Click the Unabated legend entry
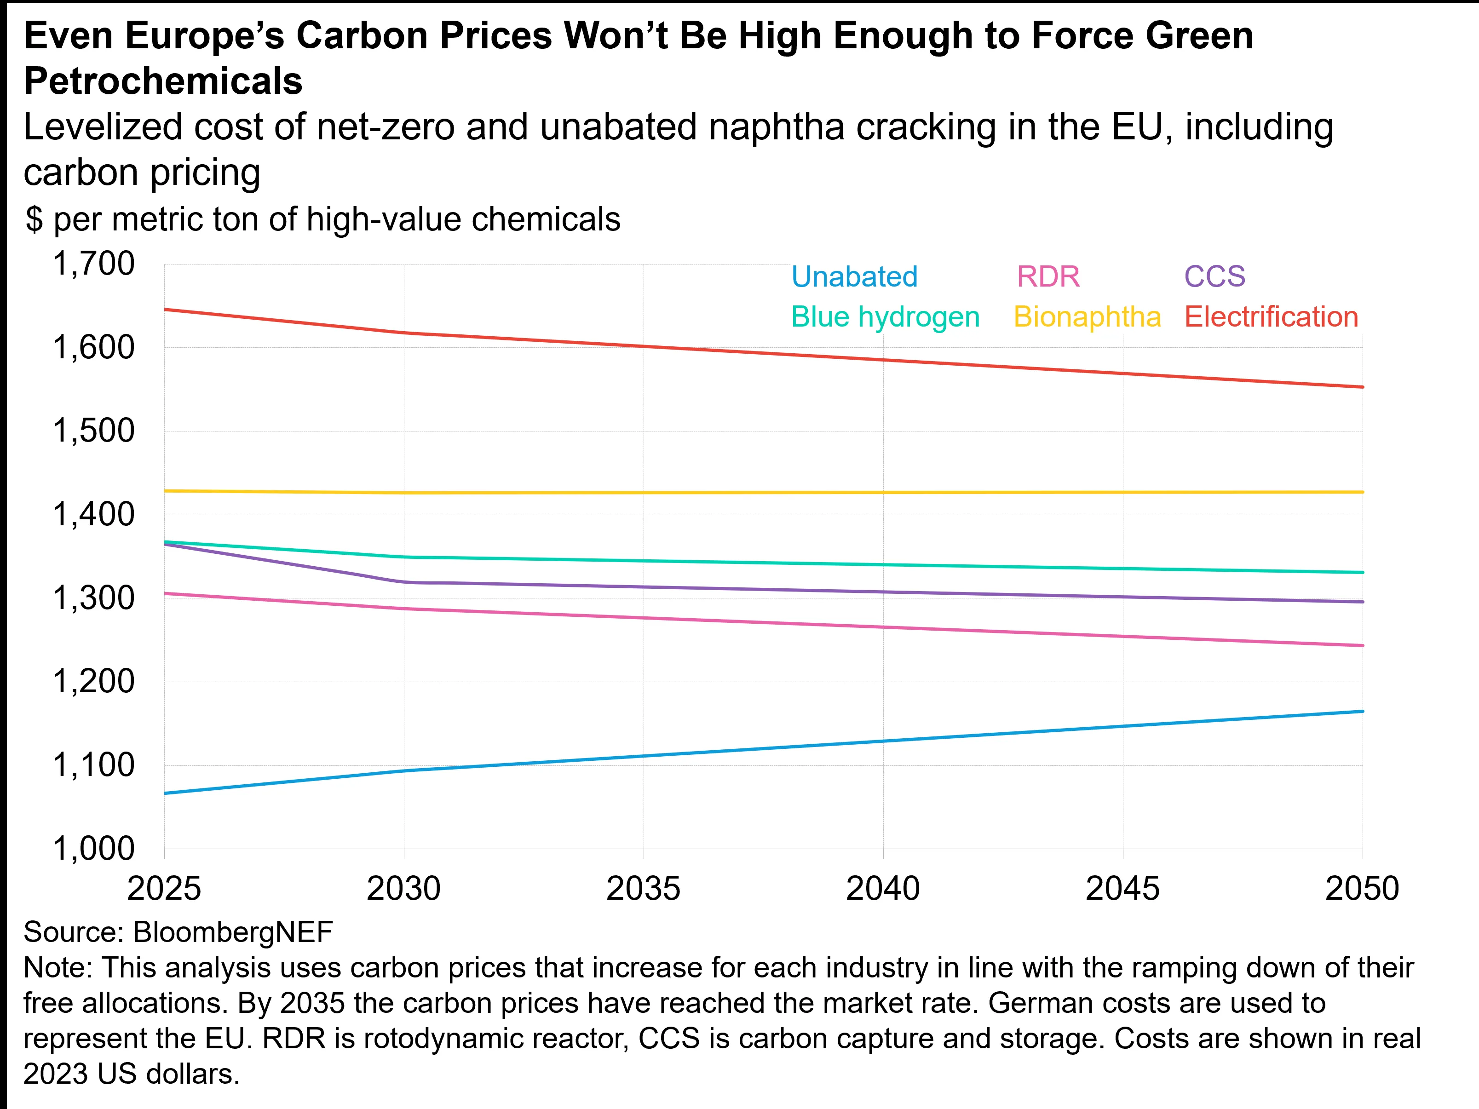(854, 277)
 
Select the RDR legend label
(1048, 277)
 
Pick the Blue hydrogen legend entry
(885, 317)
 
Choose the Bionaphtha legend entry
(1087, 317)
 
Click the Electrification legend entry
(1271, 317)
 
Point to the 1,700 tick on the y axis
(93, 264)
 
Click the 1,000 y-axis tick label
(93, 849)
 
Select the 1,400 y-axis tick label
(93, 515)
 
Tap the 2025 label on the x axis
(164, 889)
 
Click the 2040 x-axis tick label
(883, 889)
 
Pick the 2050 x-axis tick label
(1362, 889)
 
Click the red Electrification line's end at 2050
(1362, 387)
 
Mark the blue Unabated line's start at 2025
(165, 793)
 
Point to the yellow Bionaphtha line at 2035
(643, 493)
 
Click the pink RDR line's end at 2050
(1362, 646)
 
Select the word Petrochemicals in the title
(163, 81)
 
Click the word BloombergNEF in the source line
(233, 932)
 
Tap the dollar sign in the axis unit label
(34, 220)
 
